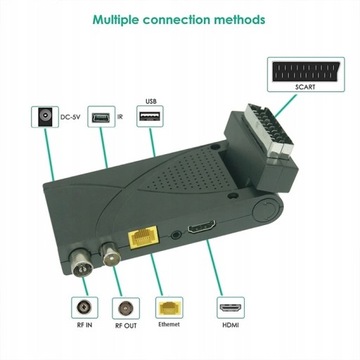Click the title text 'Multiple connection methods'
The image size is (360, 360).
(x=179, y=18)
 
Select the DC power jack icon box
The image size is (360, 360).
(x=43, y=118)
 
